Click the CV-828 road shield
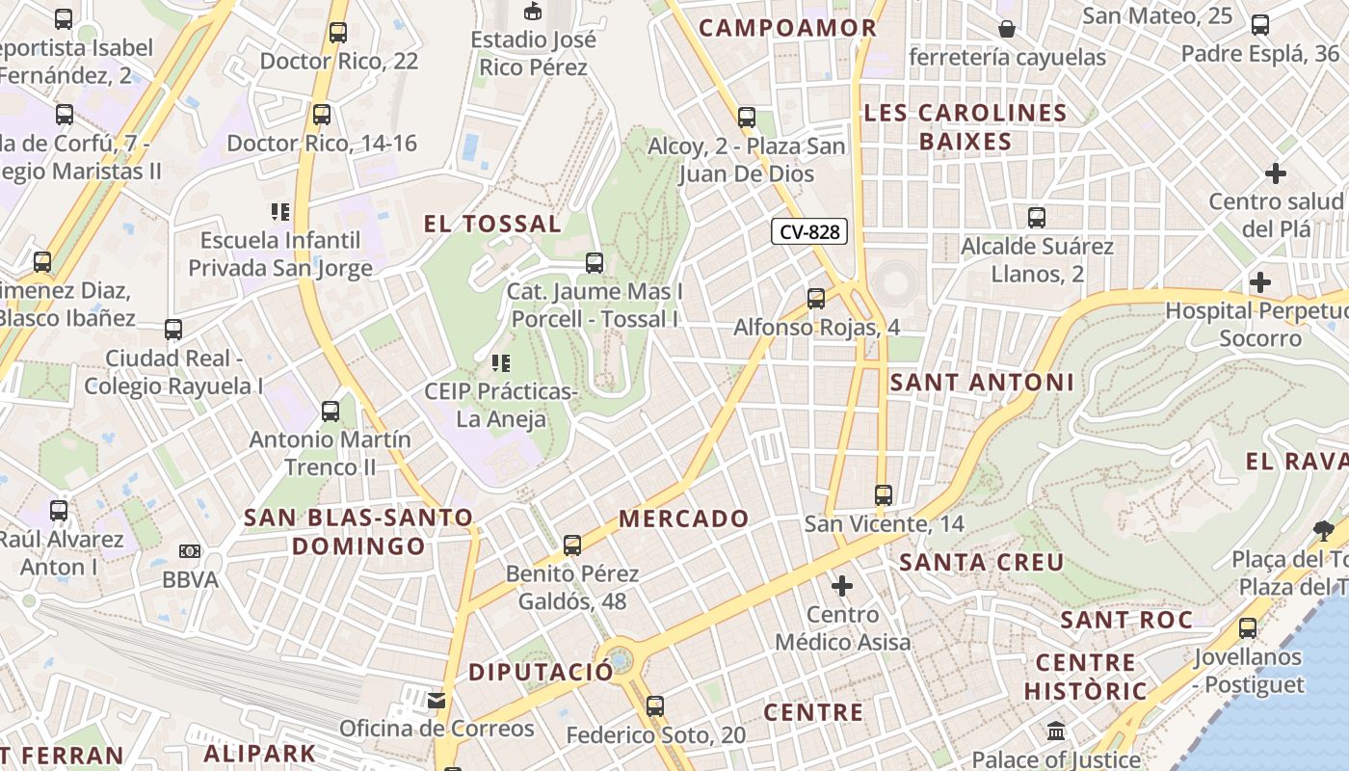click(x=809, y=231)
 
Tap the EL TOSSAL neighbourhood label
click(x=492, y=225)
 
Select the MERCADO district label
click(x=683, y=518)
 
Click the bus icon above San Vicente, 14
click(x=884, y=495)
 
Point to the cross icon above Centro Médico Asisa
click(x=842, y=585)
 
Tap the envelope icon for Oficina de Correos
click(x=436, y=700)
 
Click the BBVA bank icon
click(x=190, y=551)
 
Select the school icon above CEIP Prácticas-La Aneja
click(x=500, y=363)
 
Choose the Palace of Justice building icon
click(x=1055, y=731)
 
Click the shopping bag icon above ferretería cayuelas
click(x=1007, y=29)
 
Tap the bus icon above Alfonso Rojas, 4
click(x=816, y=299)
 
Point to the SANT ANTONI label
click(x=981, y=383)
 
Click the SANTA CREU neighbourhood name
click(x=981, y=562)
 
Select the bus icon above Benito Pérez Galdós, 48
click(x=572, y=545)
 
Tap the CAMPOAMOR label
click(x=787, y=28)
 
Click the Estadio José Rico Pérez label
click(x=533, y=53)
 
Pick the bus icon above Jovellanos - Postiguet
click(x=1248, y=628)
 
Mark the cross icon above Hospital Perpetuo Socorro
click(x=1259, y=282)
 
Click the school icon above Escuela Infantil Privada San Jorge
click(x=279, y=211)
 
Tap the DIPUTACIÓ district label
click(x=541, y=672)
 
